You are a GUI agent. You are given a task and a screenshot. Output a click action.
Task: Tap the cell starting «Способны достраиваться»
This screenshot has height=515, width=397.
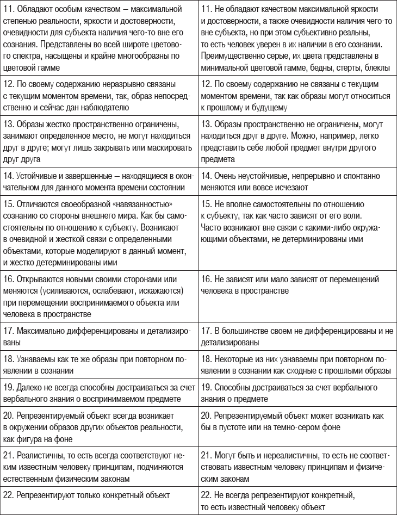(297, 392)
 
